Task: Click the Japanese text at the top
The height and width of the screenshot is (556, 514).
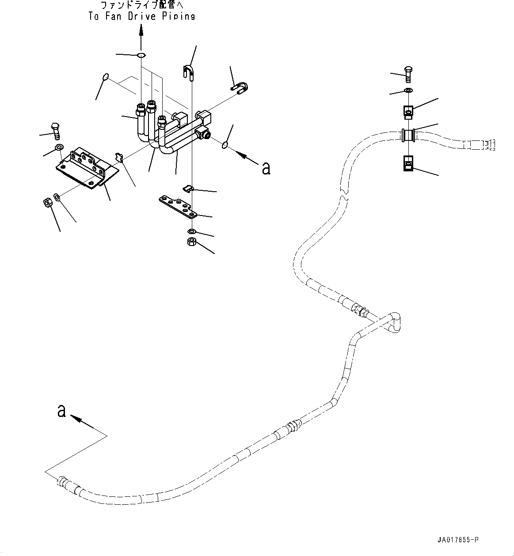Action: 141,6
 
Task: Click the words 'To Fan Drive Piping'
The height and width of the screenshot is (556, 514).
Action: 141,16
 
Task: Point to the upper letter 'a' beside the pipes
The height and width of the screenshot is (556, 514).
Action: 266,168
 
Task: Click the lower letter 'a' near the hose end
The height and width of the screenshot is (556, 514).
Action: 62,411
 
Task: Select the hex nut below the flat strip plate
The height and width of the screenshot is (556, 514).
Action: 192,242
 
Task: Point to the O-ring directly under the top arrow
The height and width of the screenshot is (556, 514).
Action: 141,56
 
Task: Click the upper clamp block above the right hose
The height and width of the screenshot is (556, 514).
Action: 408,112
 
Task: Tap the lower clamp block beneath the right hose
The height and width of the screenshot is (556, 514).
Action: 408,164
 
